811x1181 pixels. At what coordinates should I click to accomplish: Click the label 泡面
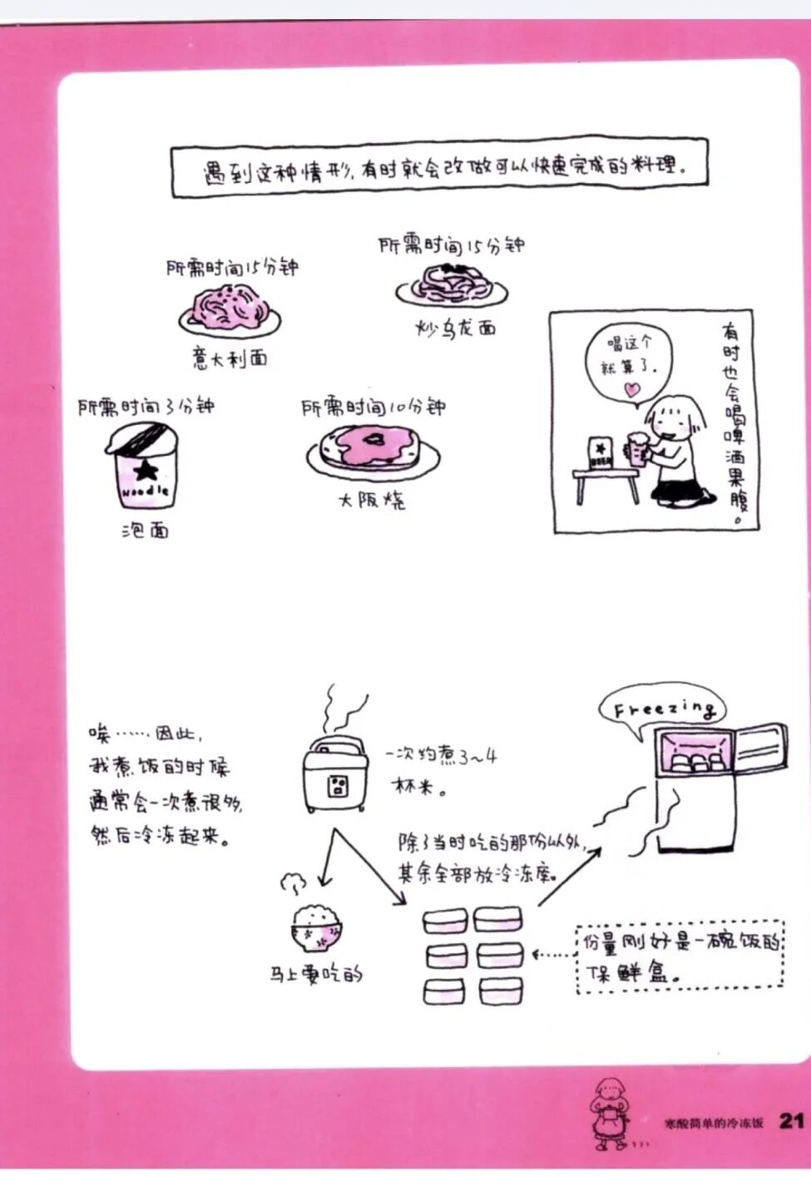coord(145,530)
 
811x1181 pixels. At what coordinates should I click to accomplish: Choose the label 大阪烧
coord(371,501)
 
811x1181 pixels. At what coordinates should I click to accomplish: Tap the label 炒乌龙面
coord(455,328)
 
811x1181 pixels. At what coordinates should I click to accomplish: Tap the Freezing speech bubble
coord(662,709)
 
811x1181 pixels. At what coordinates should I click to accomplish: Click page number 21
coord(790,1120)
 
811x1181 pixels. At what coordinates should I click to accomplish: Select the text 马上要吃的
coord(316,973)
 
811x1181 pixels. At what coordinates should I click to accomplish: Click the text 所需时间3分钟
coord(146,406)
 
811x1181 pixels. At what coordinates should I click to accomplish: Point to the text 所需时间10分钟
coord(373,407)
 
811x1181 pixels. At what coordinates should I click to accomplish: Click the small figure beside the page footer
coord(606,1114)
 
